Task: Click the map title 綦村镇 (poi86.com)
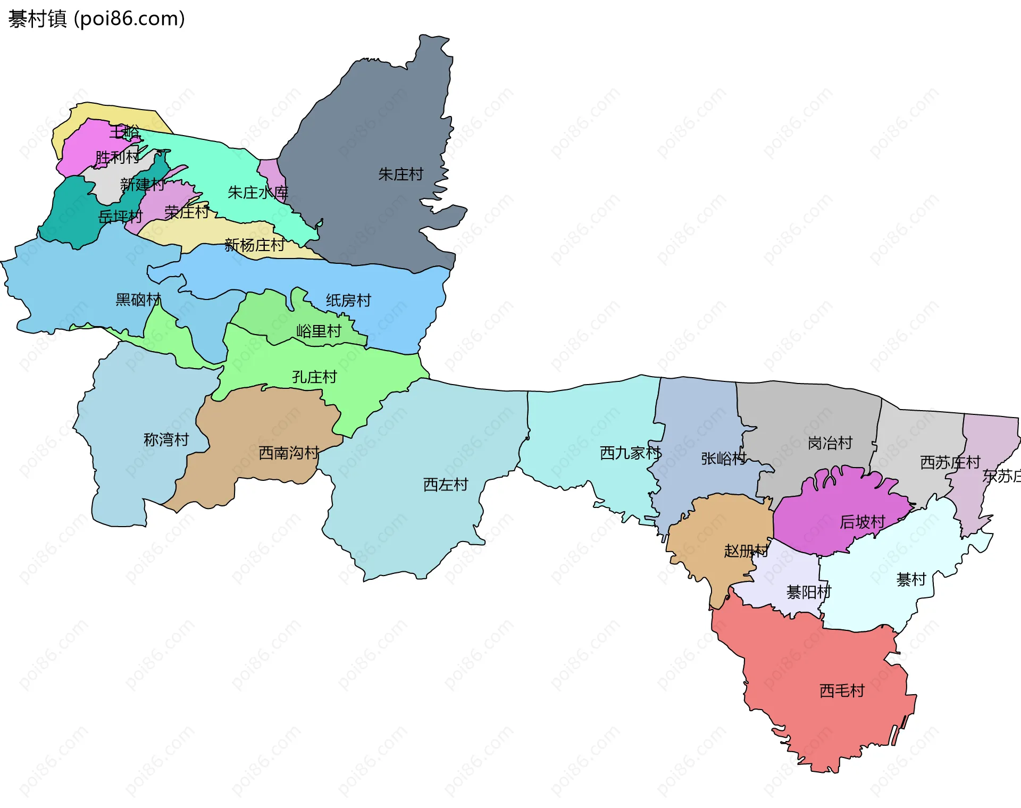tap(96, 19)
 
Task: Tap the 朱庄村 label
tap(400, 174)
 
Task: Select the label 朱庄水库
tap(258, 193)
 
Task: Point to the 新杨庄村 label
tap(254, 245)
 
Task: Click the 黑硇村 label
tap(138, 300)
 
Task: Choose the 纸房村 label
tap(348, 301)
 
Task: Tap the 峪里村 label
tap(319, 331)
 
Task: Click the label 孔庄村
tap(314, 377)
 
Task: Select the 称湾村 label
tap(166, 440)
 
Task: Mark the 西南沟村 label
tap(289, 453)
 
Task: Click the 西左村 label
tap(445, 485)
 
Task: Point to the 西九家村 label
tap(630, 453)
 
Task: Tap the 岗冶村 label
tap(830, 443)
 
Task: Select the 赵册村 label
tap(746, 551)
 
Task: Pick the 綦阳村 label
tap(808, 592)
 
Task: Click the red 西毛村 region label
tap(842, 691)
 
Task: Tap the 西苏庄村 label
tap(950, 462)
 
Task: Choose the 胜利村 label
tap(117, 157)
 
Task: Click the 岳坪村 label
tap(121, 216)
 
